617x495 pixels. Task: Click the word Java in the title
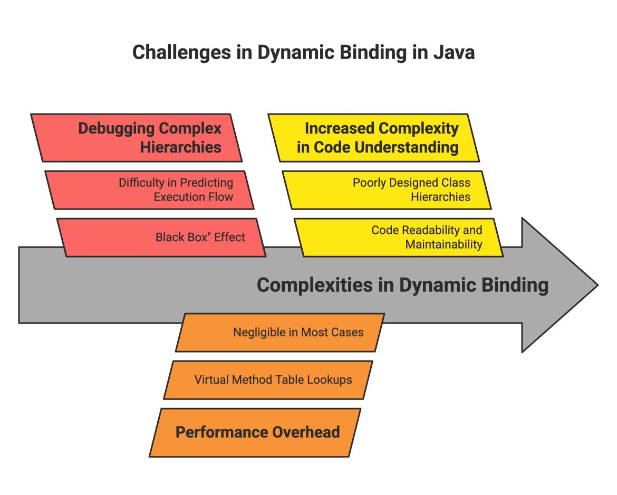point(454,52)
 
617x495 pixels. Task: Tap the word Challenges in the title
point(182,53)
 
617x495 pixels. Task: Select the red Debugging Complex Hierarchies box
point(136,138)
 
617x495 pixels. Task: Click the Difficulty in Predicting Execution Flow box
point(150,190)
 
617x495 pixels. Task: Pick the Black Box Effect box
point(161,237)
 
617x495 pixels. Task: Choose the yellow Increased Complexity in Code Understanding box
point(373,138)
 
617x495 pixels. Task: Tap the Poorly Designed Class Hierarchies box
point(387,190)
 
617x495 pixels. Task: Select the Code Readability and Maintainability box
point(399,237)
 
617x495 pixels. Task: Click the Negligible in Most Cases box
point(280,332)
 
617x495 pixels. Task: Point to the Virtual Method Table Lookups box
point(268,380)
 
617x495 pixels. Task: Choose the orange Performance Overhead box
point(255,432)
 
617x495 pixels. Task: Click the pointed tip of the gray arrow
point(597,285)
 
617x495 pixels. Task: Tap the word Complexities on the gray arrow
point(314,285)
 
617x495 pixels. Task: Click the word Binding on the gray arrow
point(515,285)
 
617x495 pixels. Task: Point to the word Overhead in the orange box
point(306,432)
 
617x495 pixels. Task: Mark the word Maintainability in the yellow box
point(444,244)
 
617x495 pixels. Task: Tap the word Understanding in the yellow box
point(407,148)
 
